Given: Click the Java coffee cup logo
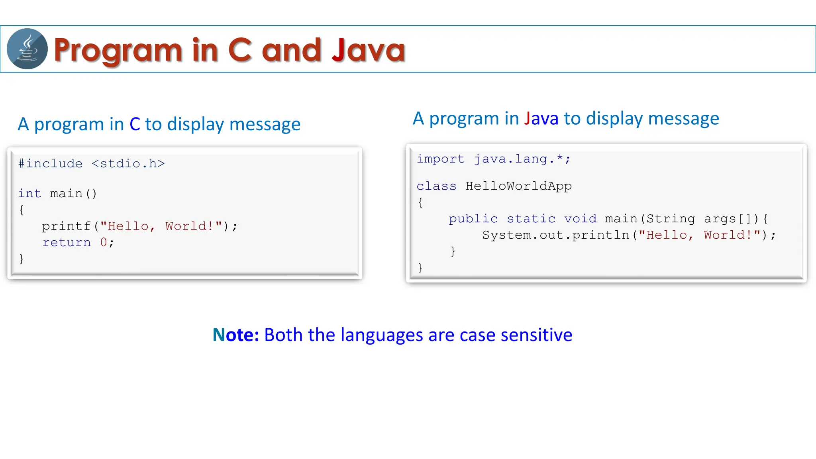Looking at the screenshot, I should [27, 49].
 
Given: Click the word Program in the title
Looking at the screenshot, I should [118, 51].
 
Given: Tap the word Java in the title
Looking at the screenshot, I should [368, 50].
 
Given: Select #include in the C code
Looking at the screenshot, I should [50, 164].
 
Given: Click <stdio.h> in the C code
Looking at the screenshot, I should [128, 164].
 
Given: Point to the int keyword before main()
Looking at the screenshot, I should [29, 194].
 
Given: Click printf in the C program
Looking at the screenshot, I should [66, 226].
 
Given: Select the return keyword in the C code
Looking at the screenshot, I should [67, 243].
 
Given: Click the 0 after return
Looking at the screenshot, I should [104, 243].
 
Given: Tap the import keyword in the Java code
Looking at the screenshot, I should [440, 159].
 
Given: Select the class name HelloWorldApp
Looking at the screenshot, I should [518, 186].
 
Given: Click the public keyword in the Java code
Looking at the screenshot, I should [473, 219].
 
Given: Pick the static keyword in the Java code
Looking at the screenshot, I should [531, 219].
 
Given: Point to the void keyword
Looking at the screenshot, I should [580, 219].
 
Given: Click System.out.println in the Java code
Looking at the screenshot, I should [555, 235].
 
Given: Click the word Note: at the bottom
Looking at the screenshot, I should [236, 335].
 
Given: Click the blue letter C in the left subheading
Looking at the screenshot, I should [135, 124].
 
